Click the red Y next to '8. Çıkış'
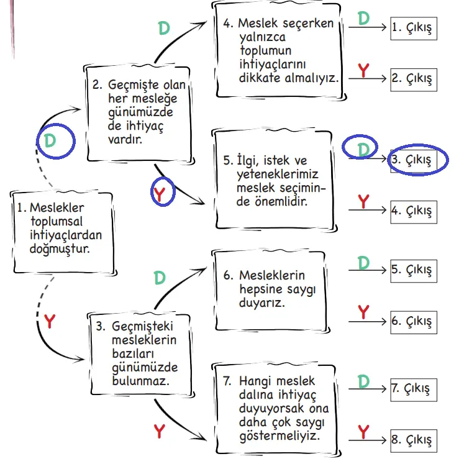pyautogui.click(x=364, y=430)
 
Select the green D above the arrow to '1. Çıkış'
pyautogui.click(x=364, y=17)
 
